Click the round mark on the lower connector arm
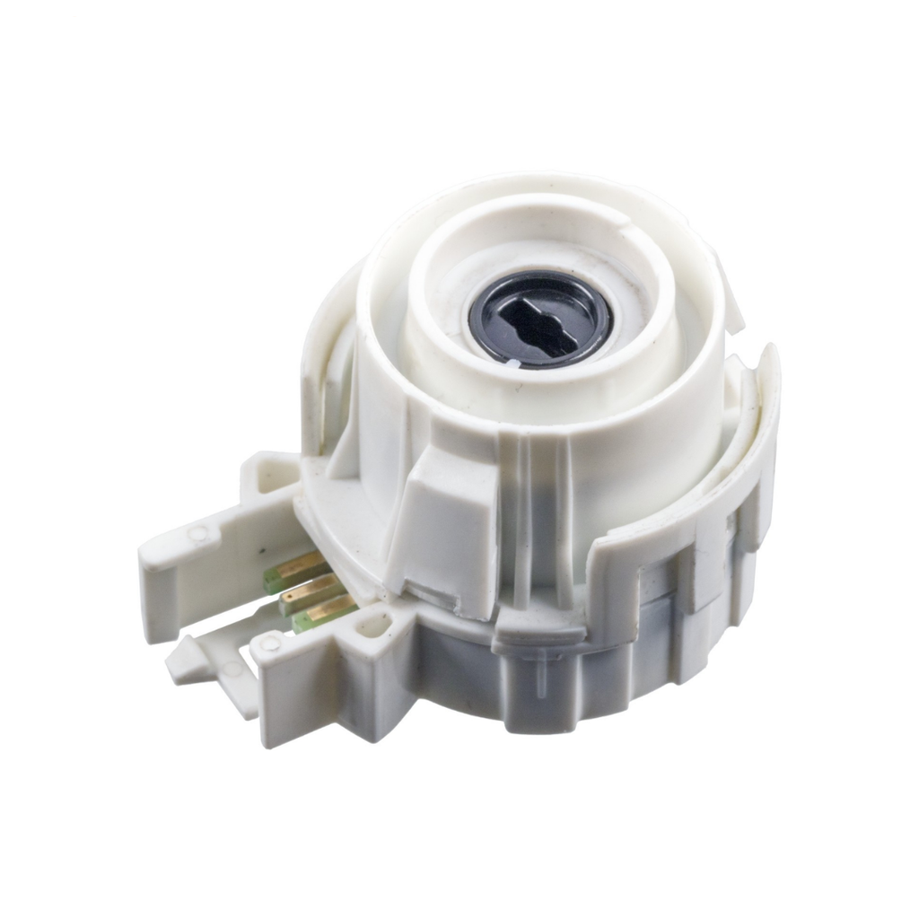point(267,643)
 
